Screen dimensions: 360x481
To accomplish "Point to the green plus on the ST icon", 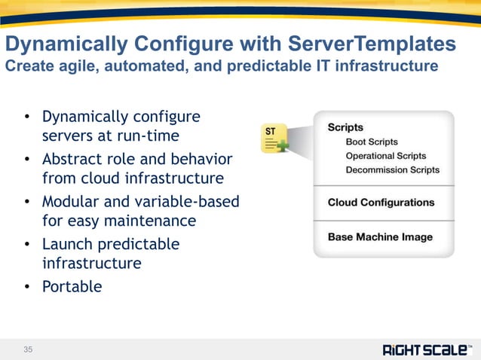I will point(283,146).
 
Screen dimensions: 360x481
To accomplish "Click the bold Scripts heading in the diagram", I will point(345,127).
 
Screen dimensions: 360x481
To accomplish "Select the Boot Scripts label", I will point(371,142).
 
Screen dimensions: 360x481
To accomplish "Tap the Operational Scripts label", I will point(385,156).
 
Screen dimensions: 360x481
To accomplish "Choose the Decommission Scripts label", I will point(392,170).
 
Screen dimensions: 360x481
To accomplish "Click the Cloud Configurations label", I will point(381,203).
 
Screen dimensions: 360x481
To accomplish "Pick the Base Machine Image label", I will point(380,237).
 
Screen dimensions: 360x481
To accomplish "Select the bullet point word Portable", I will point(72,286).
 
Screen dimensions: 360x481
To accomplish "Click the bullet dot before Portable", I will point(26,286).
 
